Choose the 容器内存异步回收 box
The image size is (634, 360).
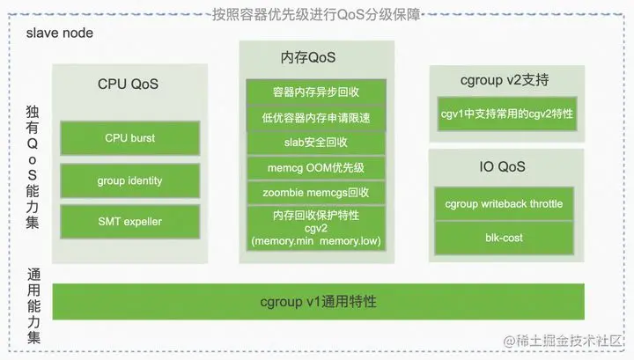point(314,92)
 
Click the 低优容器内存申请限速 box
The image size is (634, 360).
point(314,117)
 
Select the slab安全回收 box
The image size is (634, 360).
point(314,142)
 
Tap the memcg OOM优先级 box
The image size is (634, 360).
point(314,167)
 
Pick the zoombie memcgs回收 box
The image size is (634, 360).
point(314,193)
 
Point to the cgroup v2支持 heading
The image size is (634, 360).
point(505,80)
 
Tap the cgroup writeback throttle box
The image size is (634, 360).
point(505,204)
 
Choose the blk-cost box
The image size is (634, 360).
point(505,237)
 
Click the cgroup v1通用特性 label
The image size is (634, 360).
point(318,302)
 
